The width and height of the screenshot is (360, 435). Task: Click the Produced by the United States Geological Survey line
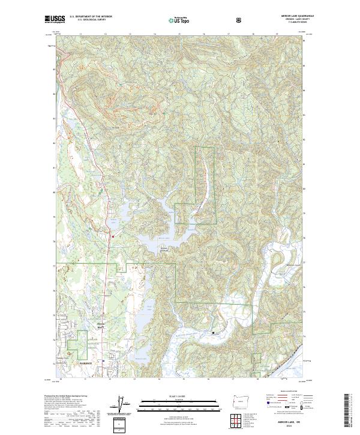coord(66,397)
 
